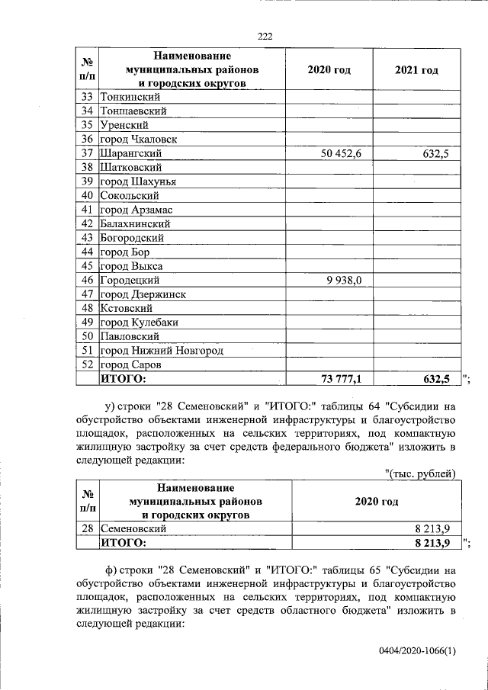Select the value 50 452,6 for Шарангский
[340, 153]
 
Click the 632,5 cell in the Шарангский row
[436, 153]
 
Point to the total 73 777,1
[340, 378]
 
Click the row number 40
[86, 195]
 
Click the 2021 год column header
[416, 69]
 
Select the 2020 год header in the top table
[329, 69]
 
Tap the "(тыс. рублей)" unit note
[420, 473]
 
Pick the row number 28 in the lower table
[86, 528]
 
